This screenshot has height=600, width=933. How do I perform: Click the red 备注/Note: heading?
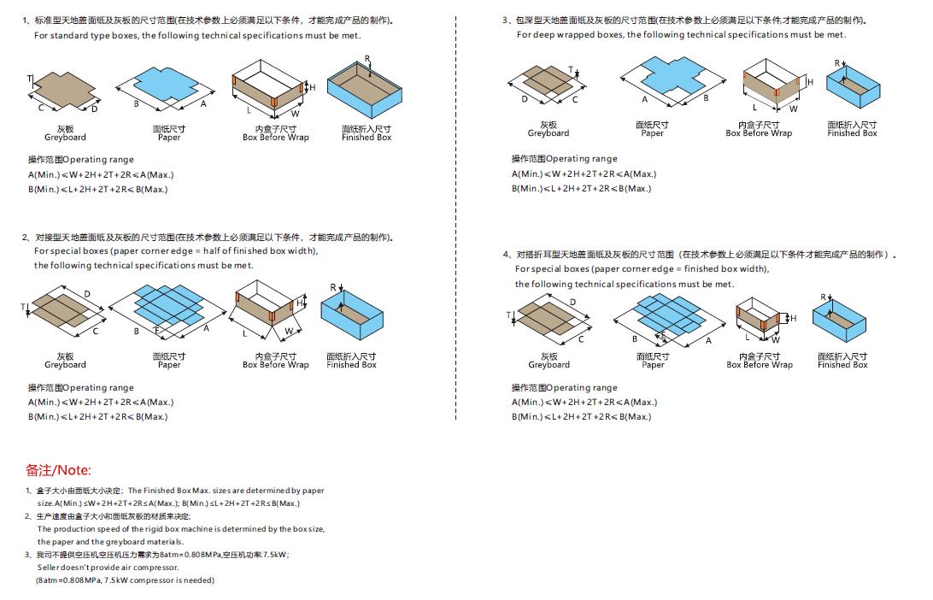pyautogui.click(x=58, y=470)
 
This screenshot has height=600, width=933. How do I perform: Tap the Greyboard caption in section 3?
pyautogui.click(x=548, y=133)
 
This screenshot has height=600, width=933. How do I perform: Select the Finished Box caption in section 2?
pyautogui.click(x=351, y=365)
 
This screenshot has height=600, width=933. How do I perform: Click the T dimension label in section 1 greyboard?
pyautogui.click(x=29, y=79)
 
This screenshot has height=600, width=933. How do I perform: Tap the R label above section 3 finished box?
pyautogui.click(x=837, y=62)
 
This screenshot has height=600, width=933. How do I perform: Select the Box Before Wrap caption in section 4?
pyautogui.click(x=759, y=365)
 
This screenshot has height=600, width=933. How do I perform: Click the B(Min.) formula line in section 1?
pyautogui.click(x=97, y=189)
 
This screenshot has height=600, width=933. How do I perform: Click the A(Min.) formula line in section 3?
pyautogui.click(x=584, y=174)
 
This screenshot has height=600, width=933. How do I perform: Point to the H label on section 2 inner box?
pyautogui.click(x=300, y=303)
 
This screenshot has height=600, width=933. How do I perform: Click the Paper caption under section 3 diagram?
pyautogui.click(x=652, y=133)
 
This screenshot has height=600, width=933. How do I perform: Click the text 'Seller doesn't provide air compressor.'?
pyautogui.click(x=108, y=568)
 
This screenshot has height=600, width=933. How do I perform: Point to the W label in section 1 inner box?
pyautogui.click(x=296, y=113)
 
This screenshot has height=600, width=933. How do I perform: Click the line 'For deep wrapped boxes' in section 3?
pyautogui.click(x=681, y=35)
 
